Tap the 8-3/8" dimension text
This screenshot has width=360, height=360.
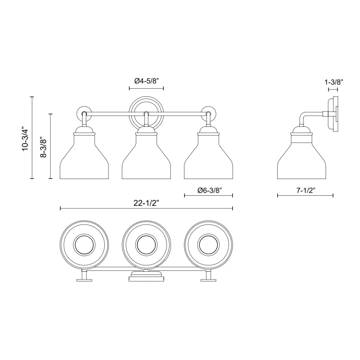[x=43, y=148]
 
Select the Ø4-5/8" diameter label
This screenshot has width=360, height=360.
[x=147, y=81]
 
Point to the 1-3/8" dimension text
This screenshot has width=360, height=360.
[x=333, y=82]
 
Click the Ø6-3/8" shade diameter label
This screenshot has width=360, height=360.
[x=209, y=190]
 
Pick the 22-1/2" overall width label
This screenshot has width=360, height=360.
[x=146, y=203]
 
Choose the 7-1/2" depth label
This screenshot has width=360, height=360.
[x=306, y=190]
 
